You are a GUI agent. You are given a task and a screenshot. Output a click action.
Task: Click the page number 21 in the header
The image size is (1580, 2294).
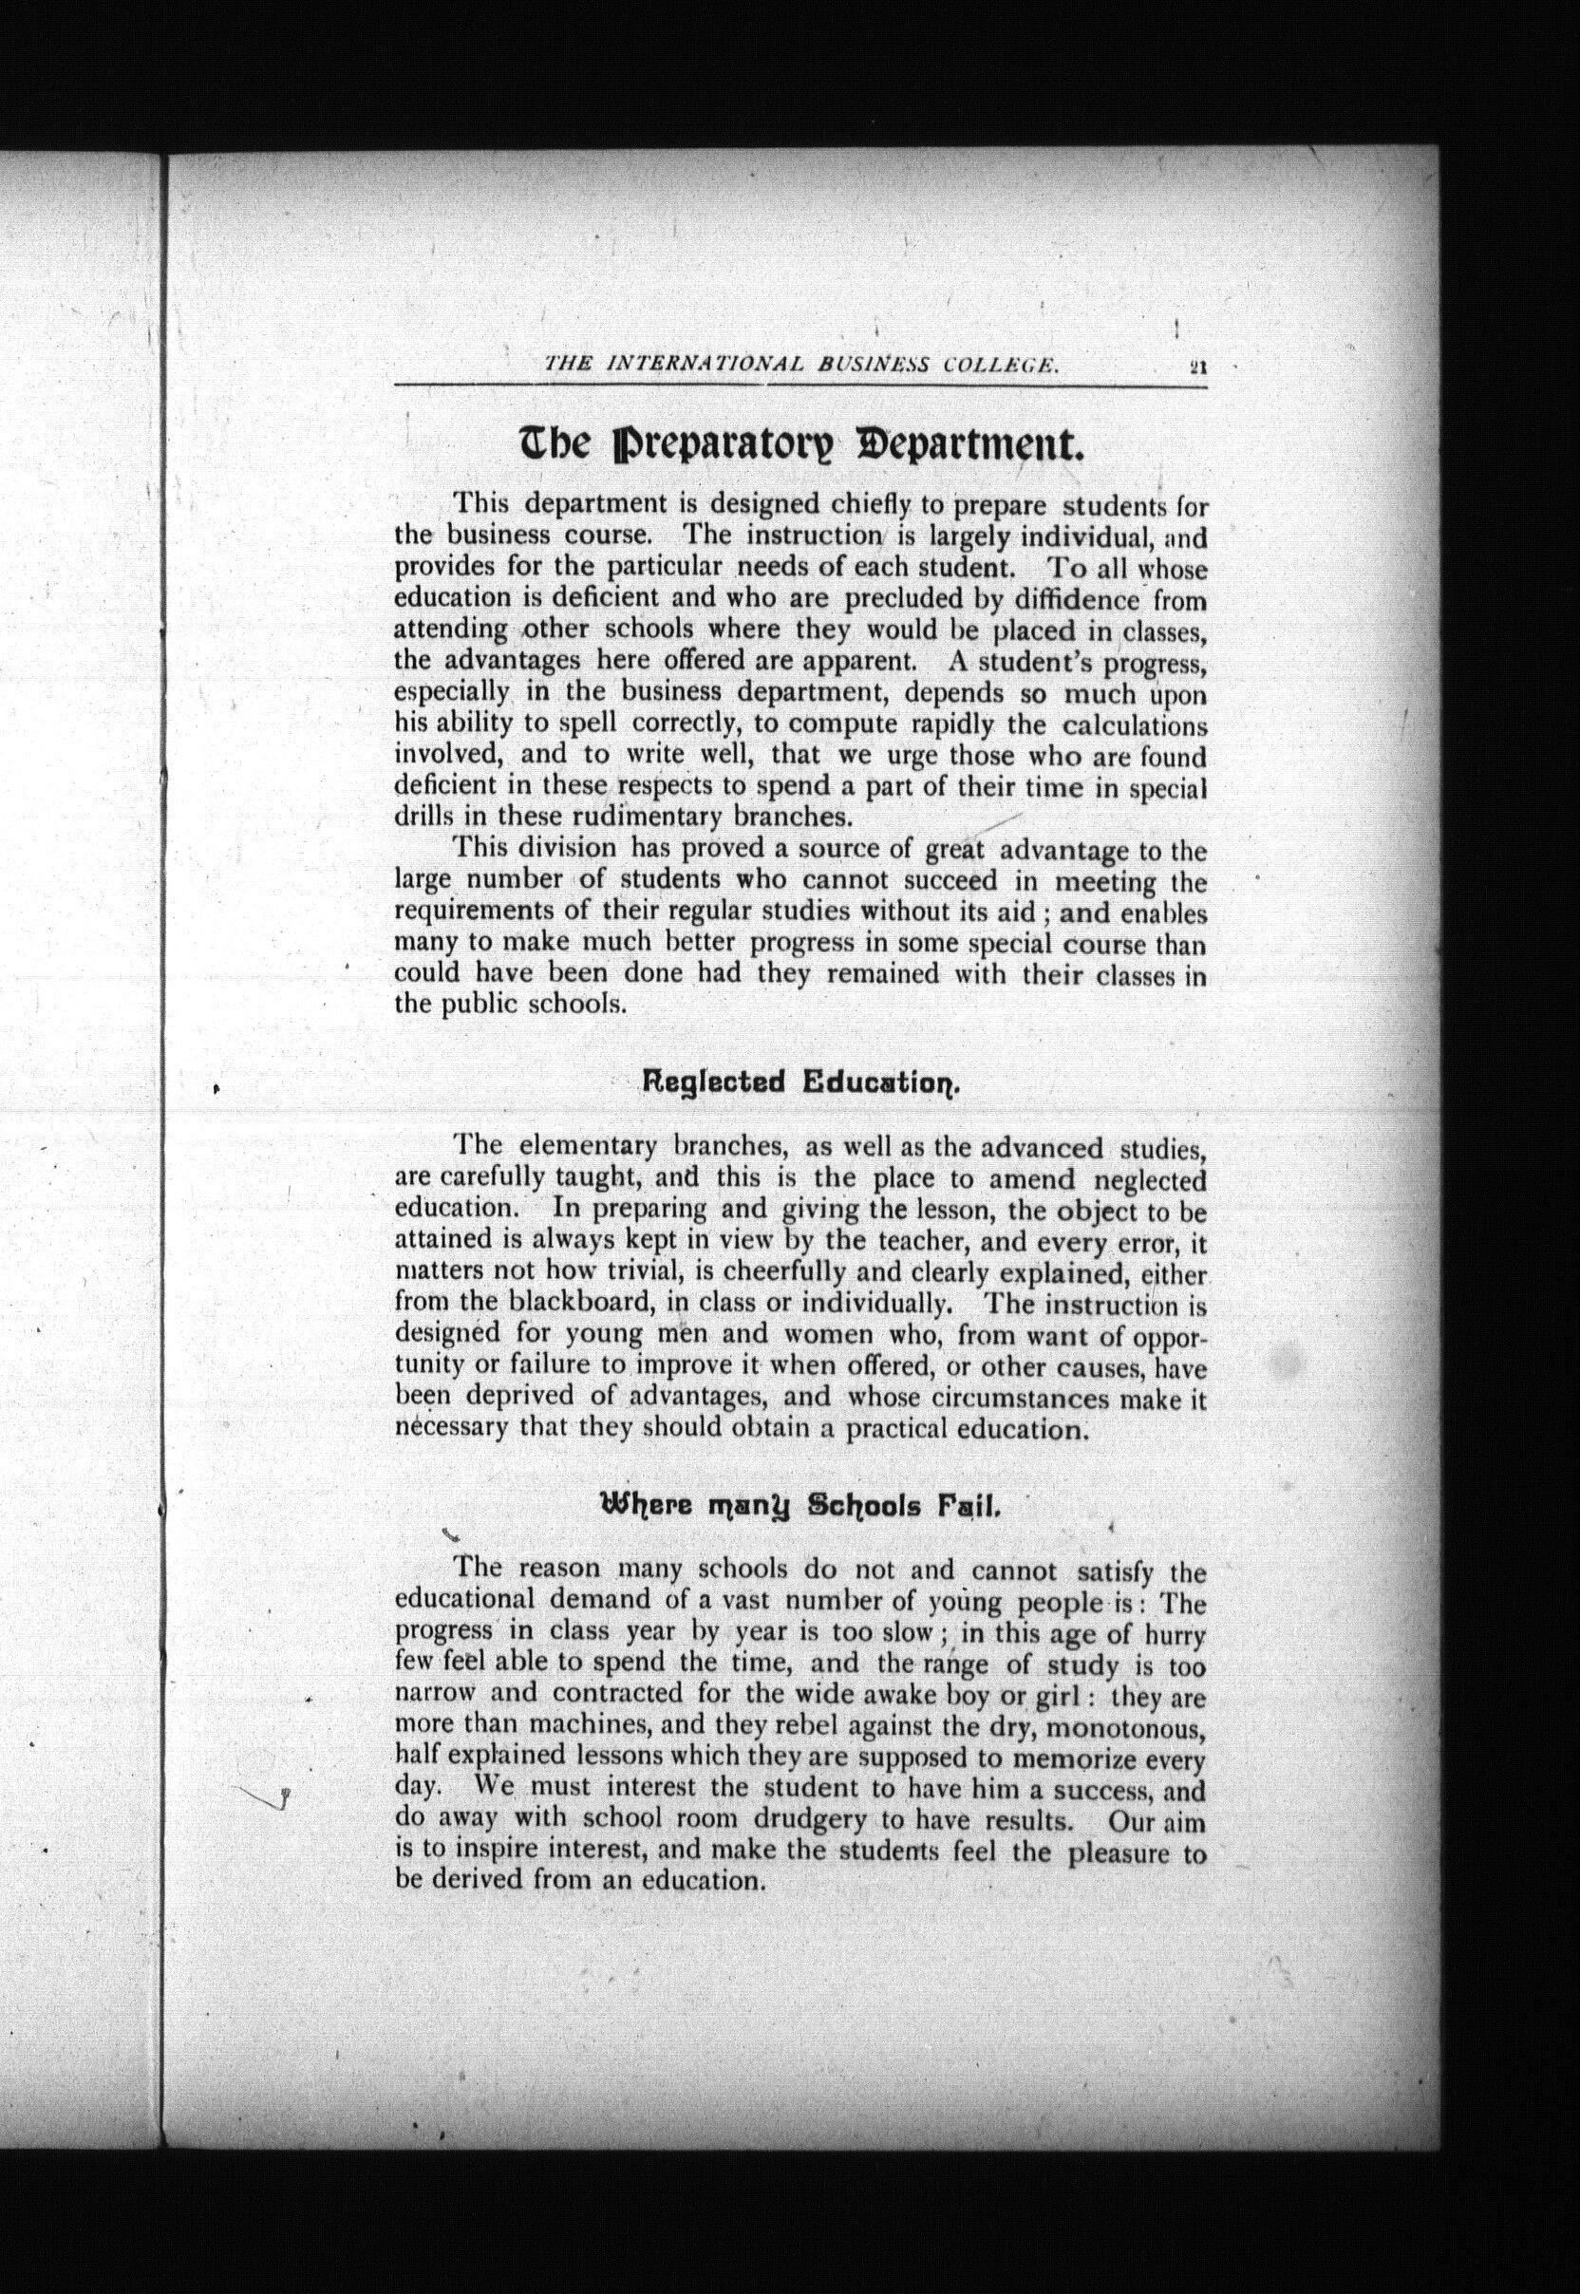(1197, 366)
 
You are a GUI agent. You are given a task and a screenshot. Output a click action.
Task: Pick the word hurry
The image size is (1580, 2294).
(1176, 1634)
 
